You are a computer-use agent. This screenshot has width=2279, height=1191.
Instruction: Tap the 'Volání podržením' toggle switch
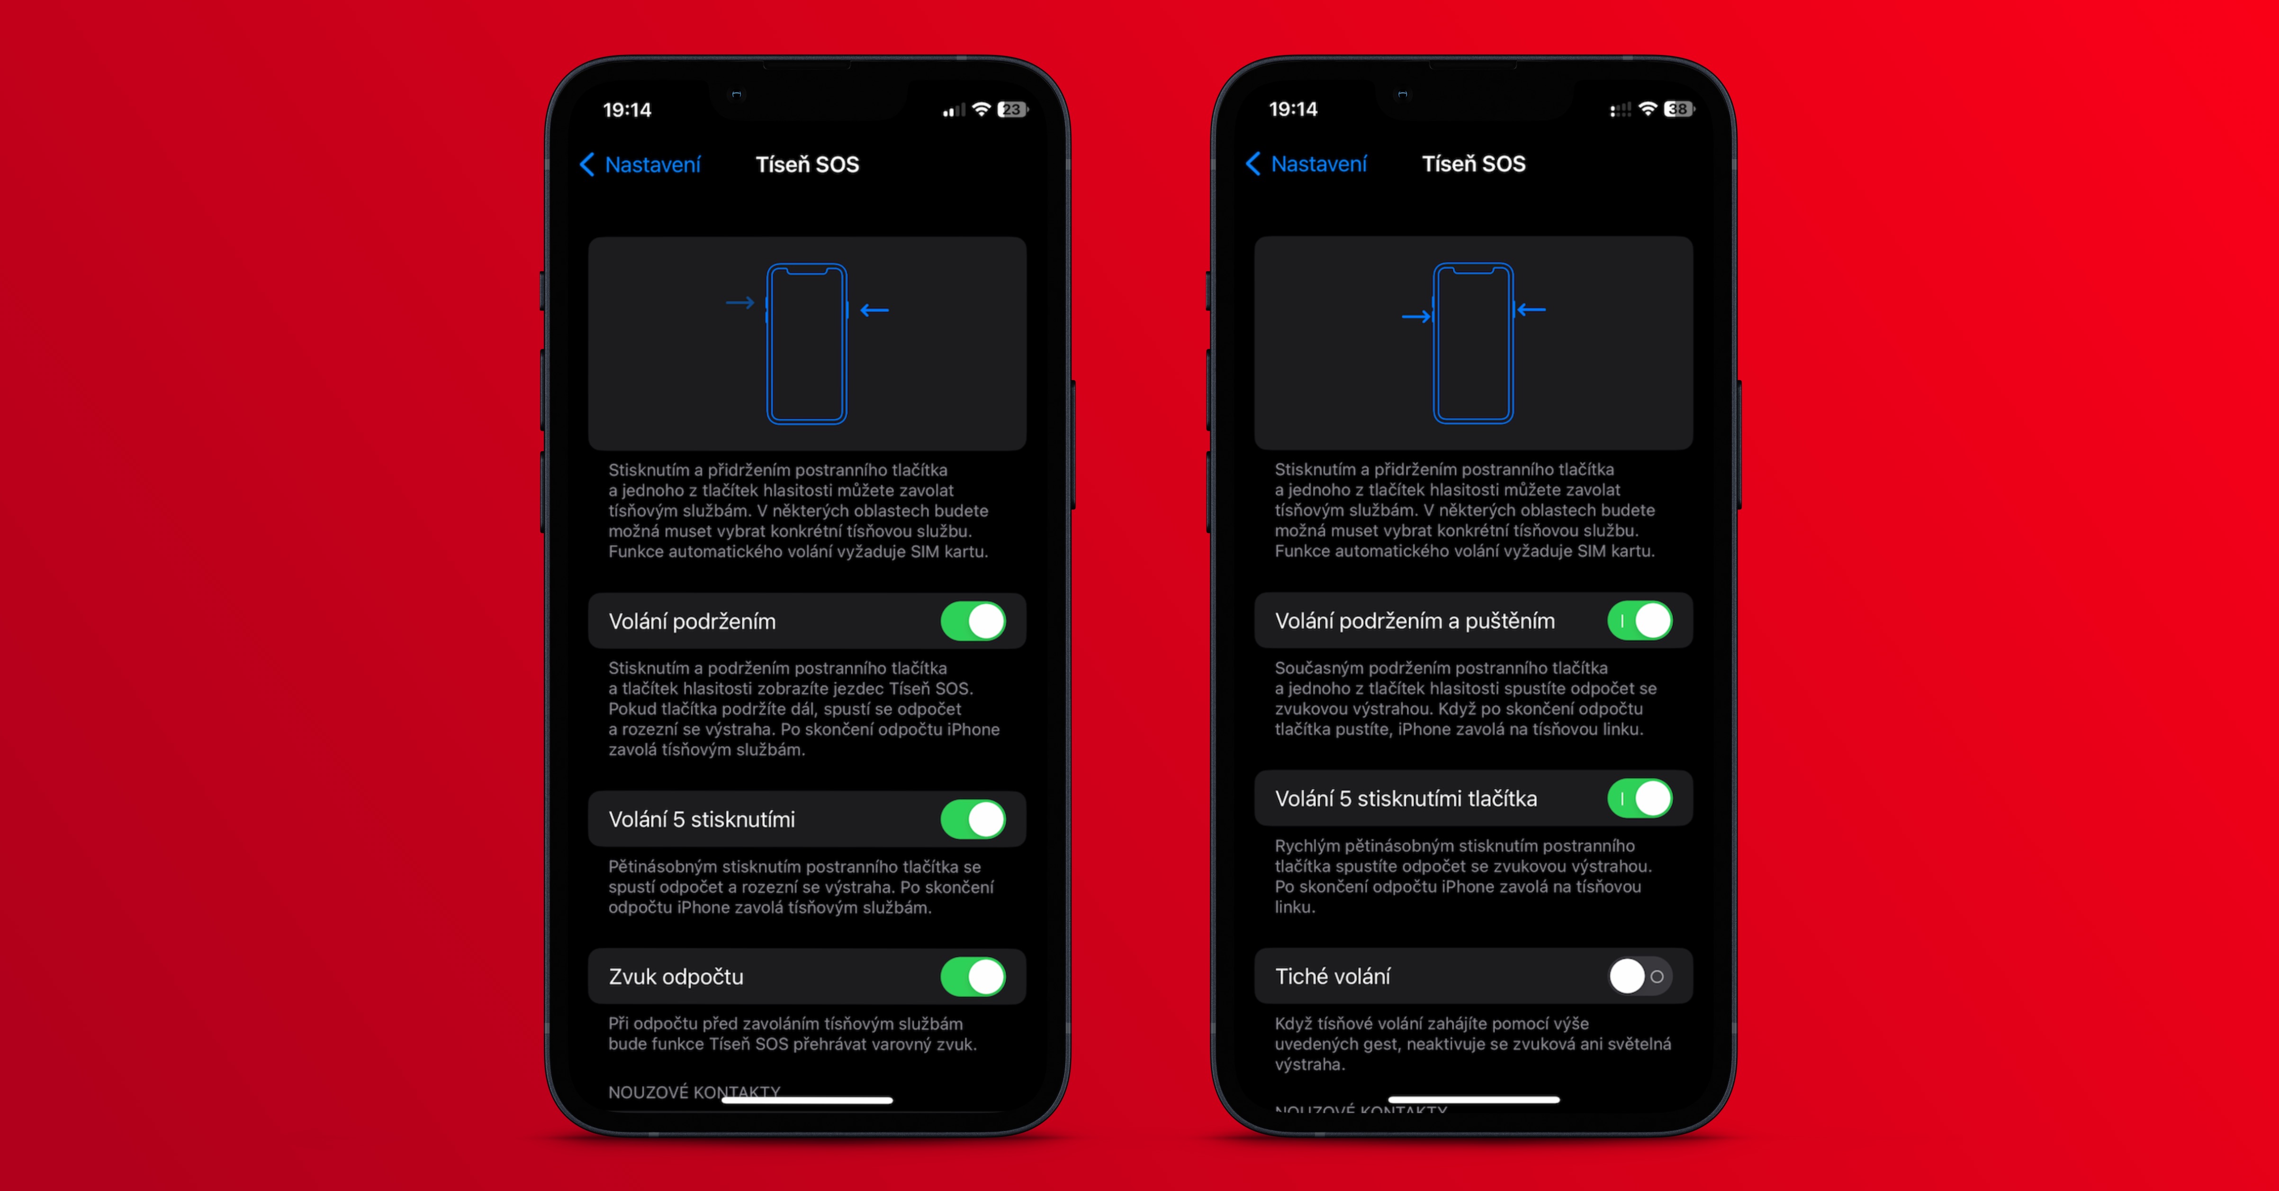coord(973,621)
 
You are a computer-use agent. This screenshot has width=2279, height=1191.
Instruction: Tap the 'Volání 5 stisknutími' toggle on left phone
coord(973,819)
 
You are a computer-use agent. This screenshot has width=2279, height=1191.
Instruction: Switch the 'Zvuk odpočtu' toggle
coord(973,977)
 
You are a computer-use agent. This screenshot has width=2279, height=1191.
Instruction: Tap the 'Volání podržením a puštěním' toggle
coord(1639,620)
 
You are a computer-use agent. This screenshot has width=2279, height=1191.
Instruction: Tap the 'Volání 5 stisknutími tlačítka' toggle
coord(1639,798)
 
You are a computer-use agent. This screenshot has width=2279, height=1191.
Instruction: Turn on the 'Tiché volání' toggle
coord(1639,976)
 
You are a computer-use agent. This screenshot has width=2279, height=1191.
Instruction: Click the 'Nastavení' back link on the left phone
coord(640,164)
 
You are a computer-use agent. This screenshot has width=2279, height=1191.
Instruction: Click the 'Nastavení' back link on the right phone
coord(1306,164)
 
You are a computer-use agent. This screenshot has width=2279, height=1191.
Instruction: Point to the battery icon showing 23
coord(1012,110)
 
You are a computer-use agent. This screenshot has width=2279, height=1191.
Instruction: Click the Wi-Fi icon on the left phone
coord(980,109)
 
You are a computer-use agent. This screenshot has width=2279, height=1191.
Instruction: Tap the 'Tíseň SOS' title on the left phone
coord(807,164)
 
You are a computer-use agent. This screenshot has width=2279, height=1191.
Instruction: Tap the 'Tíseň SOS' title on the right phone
coord(1473,164)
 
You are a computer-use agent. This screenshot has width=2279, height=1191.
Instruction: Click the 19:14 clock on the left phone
coord(626,110)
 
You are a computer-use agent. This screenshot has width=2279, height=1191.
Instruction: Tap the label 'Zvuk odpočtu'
coord(676,977)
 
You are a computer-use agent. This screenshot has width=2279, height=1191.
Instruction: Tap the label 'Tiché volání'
coord(1333,976)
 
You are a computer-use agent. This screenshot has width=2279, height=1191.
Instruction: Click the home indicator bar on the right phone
coord(1473,1100)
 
